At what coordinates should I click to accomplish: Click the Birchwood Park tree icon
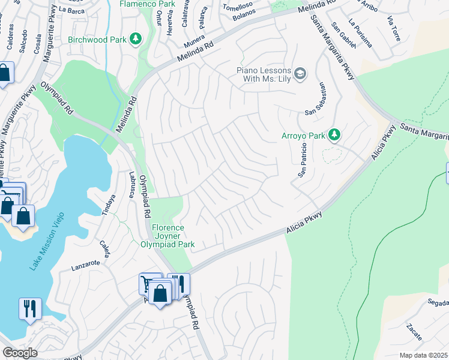point(136,39)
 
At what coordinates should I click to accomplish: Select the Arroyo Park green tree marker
point(334,135)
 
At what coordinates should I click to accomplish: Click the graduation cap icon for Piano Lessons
point(301,74)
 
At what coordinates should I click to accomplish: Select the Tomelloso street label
point(237,7)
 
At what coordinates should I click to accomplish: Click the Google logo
point(20,353)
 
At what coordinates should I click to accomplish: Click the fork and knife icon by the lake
point(30,308)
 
